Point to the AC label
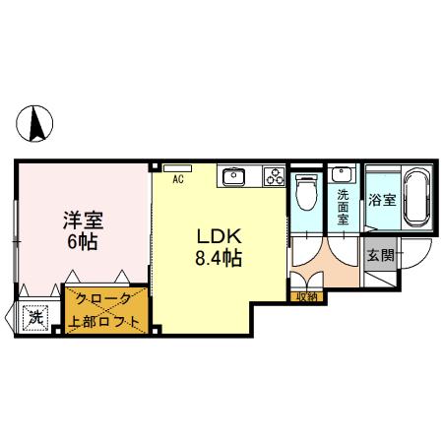[179, 180]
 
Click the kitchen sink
[235, 177]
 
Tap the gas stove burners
[273, 177]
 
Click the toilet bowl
[306, 189]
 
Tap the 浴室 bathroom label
[382, 200]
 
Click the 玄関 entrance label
[380, 256]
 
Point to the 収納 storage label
[305, 294]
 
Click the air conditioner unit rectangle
[178, 166]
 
